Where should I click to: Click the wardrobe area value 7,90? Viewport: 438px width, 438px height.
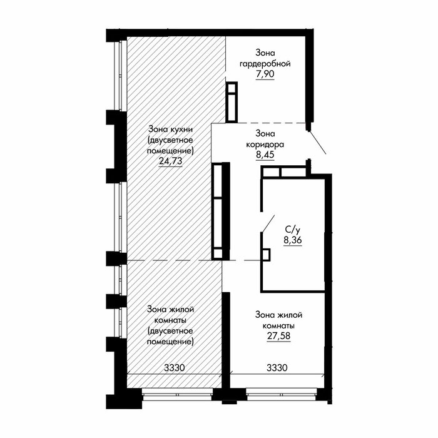click(x=265, y=74)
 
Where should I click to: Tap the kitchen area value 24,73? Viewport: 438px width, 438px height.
click(x=170, y=161)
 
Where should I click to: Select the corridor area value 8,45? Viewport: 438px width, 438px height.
click(x=265, y=155)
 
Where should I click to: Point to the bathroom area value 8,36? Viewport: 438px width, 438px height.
click(x=293, y=240)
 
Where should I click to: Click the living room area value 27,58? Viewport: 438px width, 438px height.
click(x=279, y=336)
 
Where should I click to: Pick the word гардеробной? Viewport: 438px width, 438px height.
click(x=265, y=64)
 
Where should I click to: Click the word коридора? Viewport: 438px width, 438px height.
click(x=265, y=145)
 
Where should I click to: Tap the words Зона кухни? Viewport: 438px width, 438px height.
click(x=170, y=130)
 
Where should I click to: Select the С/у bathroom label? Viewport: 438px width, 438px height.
click(x=292, y=230)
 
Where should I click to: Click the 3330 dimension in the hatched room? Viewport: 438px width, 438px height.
click(x=175, y=368)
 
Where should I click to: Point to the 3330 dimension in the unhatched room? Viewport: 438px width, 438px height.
click(x=277, y=368)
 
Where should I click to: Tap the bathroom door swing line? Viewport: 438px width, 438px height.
click(x=268, y=223)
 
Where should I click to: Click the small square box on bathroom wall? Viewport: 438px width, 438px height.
click(x=266, y=255)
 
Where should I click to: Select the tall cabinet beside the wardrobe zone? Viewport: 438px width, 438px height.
click(x=232, y=102)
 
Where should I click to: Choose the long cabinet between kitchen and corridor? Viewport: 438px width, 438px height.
click(x=221, y=211)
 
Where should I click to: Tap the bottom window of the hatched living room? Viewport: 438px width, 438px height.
click(x=177, y=395)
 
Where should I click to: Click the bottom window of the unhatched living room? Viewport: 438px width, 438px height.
click(x=282, y=395)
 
